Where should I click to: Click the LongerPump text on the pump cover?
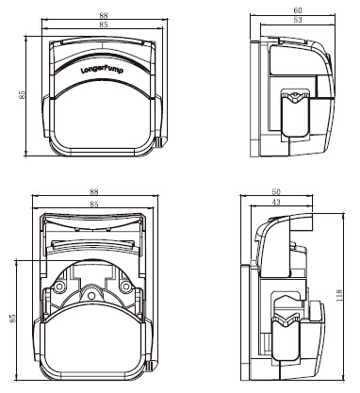pyautogui.click(x=102, y=70)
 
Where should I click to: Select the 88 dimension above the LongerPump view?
pyautogui.click(x=104, y=15)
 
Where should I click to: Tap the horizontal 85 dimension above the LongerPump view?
pyautogui.click(x=104, y=25)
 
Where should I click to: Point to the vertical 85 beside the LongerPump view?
pyautogui.click(x=22, y=95)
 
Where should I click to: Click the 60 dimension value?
pyautogui.click(x=298, y=10)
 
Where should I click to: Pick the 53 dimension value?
pyautogui.click(x=298, y=20)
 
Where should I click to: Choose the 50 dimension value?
pyautogui.click(x=276, y=191)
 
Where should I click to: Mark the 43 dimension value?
pyautogui.click(x=276, y=203)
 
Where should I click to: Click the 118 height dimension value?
pyautogui.click(x=339, y=296)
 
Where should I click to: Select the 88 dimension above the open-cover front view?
pyautogui.click(x=94, y=191)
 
